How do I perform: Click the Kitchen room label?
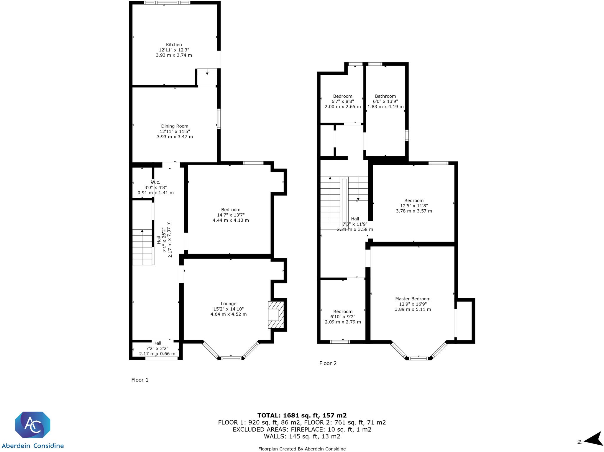click(174, 45)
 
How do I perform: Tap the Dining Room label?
click(175, 126)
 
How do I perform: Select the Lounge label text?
click(229, 303)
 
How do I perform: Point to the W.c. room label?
click(156, 182)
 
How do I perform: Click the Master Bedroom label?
click(413, 299)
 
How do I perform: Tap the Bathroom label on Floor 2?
click(385, 96)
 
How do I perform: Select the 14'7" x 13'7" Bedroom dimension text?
click(231, 215)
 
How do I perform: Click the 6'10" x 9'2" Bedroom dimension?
click(343, 317)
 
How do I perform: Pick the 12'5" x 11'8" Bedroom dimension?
click(414, 206)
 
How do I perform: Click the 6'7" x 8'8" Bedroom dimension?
click(343, 101)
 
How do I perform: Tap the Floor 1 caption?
click(140, 380)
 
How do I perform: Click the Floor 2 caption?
click(328, 363)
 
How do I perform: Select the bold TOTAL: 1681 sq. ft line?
click(302, 416)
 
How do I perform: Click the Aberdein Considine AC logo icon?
click(33, 425)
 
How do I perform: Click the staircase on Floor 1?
click(143, 247)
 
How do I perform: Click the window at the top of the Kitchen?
click(167, 3)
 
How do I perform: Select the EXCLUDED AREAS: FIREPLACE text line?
click(302, 430)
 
